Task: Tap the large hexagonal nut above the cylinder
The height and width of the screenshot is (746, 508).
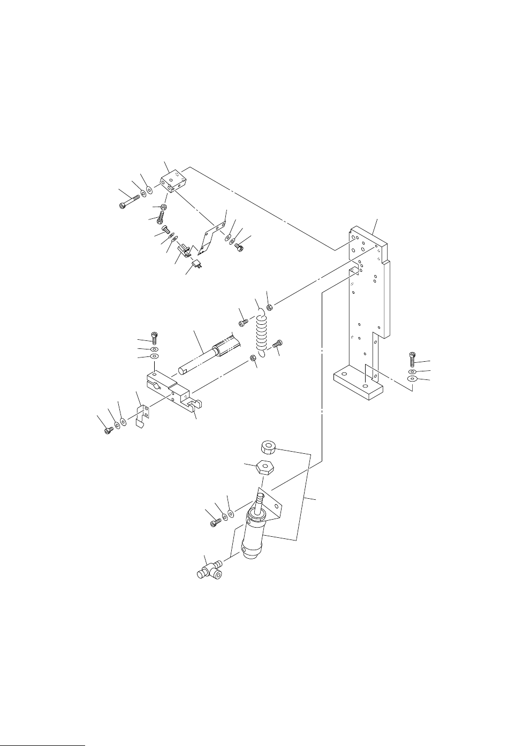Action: (264, 467)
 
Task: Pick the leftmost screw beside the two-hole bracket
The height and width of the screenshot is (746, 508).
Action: (108, 429)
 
